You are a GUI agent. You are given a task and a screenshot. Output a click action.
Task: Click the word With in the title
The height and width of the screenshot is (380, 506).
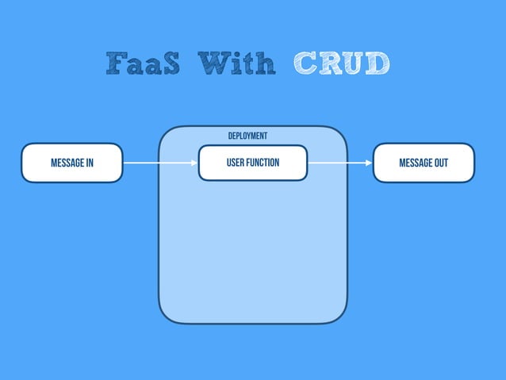point(237,63)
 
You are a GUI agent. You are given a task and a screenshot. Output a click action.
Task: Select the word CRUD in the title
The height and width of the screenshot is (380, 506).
point(342,63)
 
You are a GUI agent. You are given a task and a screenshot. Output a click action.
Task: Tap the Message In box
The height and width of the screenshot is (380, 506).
point(72,163)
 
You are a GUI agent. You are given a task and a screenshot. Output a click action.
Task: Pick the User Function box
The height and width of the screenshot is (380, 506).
point(253,163)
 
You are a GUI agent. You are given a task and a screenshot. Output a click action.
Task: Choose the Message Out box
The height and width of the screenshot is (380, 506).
point(424,163)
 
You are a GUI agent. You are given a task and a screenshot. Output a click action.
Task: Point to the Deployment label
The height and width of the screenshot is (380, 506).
point(247,136)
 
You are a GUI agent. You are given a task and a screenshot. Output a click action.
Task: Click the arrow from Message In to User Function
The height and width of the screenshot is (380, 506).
point(159,163)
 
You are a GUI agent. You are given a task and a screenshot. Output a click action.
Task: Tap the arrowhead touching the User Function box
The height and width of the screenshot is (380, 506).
point(194,163)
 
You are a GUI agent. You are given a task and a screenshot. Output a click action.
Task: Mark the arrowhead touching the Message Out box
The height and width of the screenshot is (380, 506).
point(369,163)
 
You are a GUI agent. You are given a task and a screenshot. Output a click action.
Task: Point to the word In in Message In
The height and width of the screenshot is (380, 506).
point(89,163)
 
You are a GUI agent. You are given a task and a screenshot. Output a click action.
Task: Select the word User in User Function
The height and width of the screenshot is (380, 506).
point(235,163)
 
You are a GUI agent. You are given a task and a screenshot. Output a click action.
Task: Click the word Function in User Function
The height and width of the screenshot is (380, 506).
point(263,163)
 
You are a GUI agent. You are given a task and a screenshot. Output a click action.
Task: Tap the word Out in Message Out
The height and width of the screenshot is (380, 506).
point(441,163)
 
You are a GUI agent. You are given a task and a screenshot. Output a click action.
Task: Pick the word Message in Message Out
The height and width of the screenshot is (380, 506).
point(415,163)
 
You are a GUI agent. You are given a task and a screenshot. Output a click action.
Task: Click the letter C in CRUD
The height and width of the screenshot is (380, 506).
point(305,63)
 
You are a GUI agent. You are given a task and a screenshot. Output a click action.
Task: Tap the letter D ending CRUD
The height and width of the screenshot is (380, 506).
point(378,63)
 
